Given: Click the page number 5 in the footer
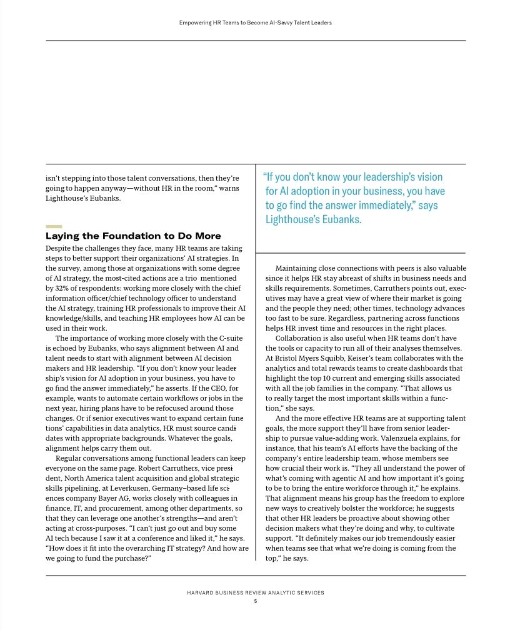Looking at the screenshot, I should pos(255,601).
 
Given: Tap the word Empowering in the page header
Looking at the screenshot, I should pos(195,22).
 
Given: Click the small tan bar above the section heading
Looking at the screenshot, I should pos(54,226).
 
